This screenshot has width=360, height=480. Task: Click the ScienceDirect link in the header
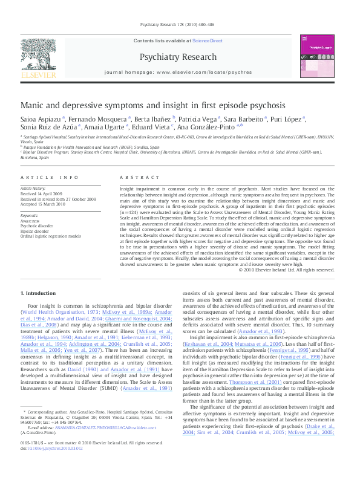[208, 40]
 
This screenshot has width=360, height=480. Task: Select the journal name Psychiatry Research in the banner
[178, 57]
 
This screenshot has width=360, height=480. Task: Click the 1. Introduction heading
[38, 293]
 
